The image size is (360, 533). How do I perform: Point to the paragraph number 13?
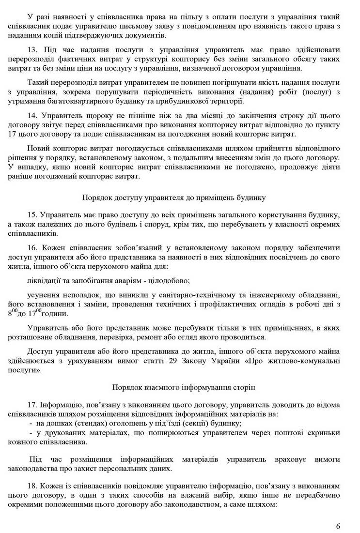(x=33, y=49)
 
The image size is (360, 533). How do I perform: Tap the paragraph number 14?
(x=33, y=115)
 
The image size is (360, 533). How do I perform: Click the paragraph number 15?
(x=33, y=214)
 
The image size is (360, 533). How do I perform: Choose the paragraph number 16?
(x=33, y=247)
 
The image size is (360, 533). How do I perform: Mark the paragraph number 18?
(x=33, y=485)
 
